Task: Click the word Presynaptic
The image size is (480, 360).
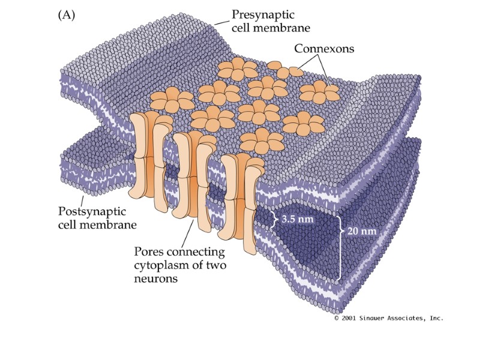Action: pos(268,14)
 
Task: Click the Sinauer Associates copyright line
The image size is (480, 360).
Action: pos(388,318)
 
